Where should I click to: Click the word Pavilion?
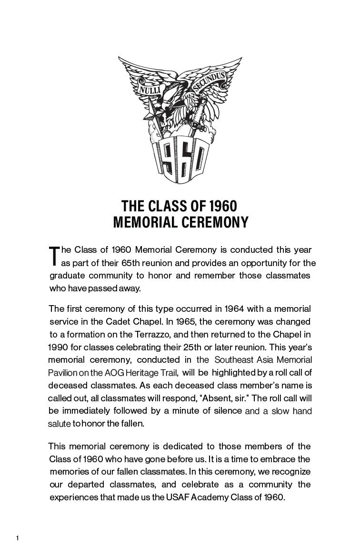click(x=62, y=372)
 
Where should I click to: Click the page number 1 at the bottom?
click(x=17, y=538)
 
